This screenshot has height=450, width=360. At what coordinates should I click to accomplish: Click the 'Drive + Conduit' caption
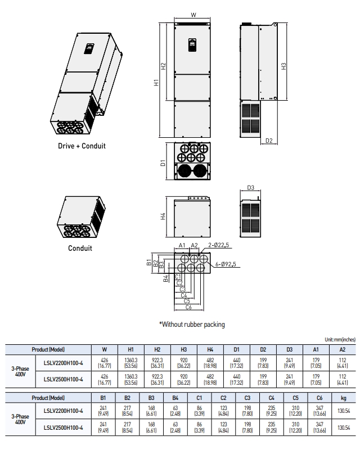click(x=82, y=146)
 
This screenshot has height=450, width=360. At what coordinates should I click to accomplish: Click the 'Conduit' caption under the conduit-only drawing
click(x=79, y=247)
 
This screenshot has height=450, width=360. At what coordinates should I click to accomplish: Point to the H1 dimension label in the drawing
click(x=157, y=82)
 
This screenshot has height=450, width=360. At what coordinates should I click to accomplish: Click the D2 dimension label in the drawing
click(x=268, y=141)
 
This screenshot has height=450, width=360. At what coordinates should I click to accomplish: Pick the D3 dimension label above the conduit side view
click(x=251, y=187)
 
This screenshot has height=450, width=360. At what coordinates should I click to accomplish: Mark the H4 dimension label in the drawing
click(x=162, y=217)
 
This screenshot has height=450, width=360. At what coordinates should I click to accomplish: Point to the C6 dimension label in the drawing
click(x=188, y=307)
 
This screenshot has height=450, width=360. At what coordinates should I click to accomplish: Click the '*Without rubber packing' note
click(x=192, y=324)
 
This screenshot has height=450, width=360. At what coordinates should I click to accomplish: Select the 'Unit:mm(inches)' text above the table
click(x=340, y=339)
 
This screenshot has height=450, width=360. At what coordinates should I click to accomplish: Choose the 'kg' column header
click(x=341, y=398)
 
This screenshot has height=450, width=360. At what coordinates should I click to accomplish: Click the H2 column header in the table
click(x=157, y=349)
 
